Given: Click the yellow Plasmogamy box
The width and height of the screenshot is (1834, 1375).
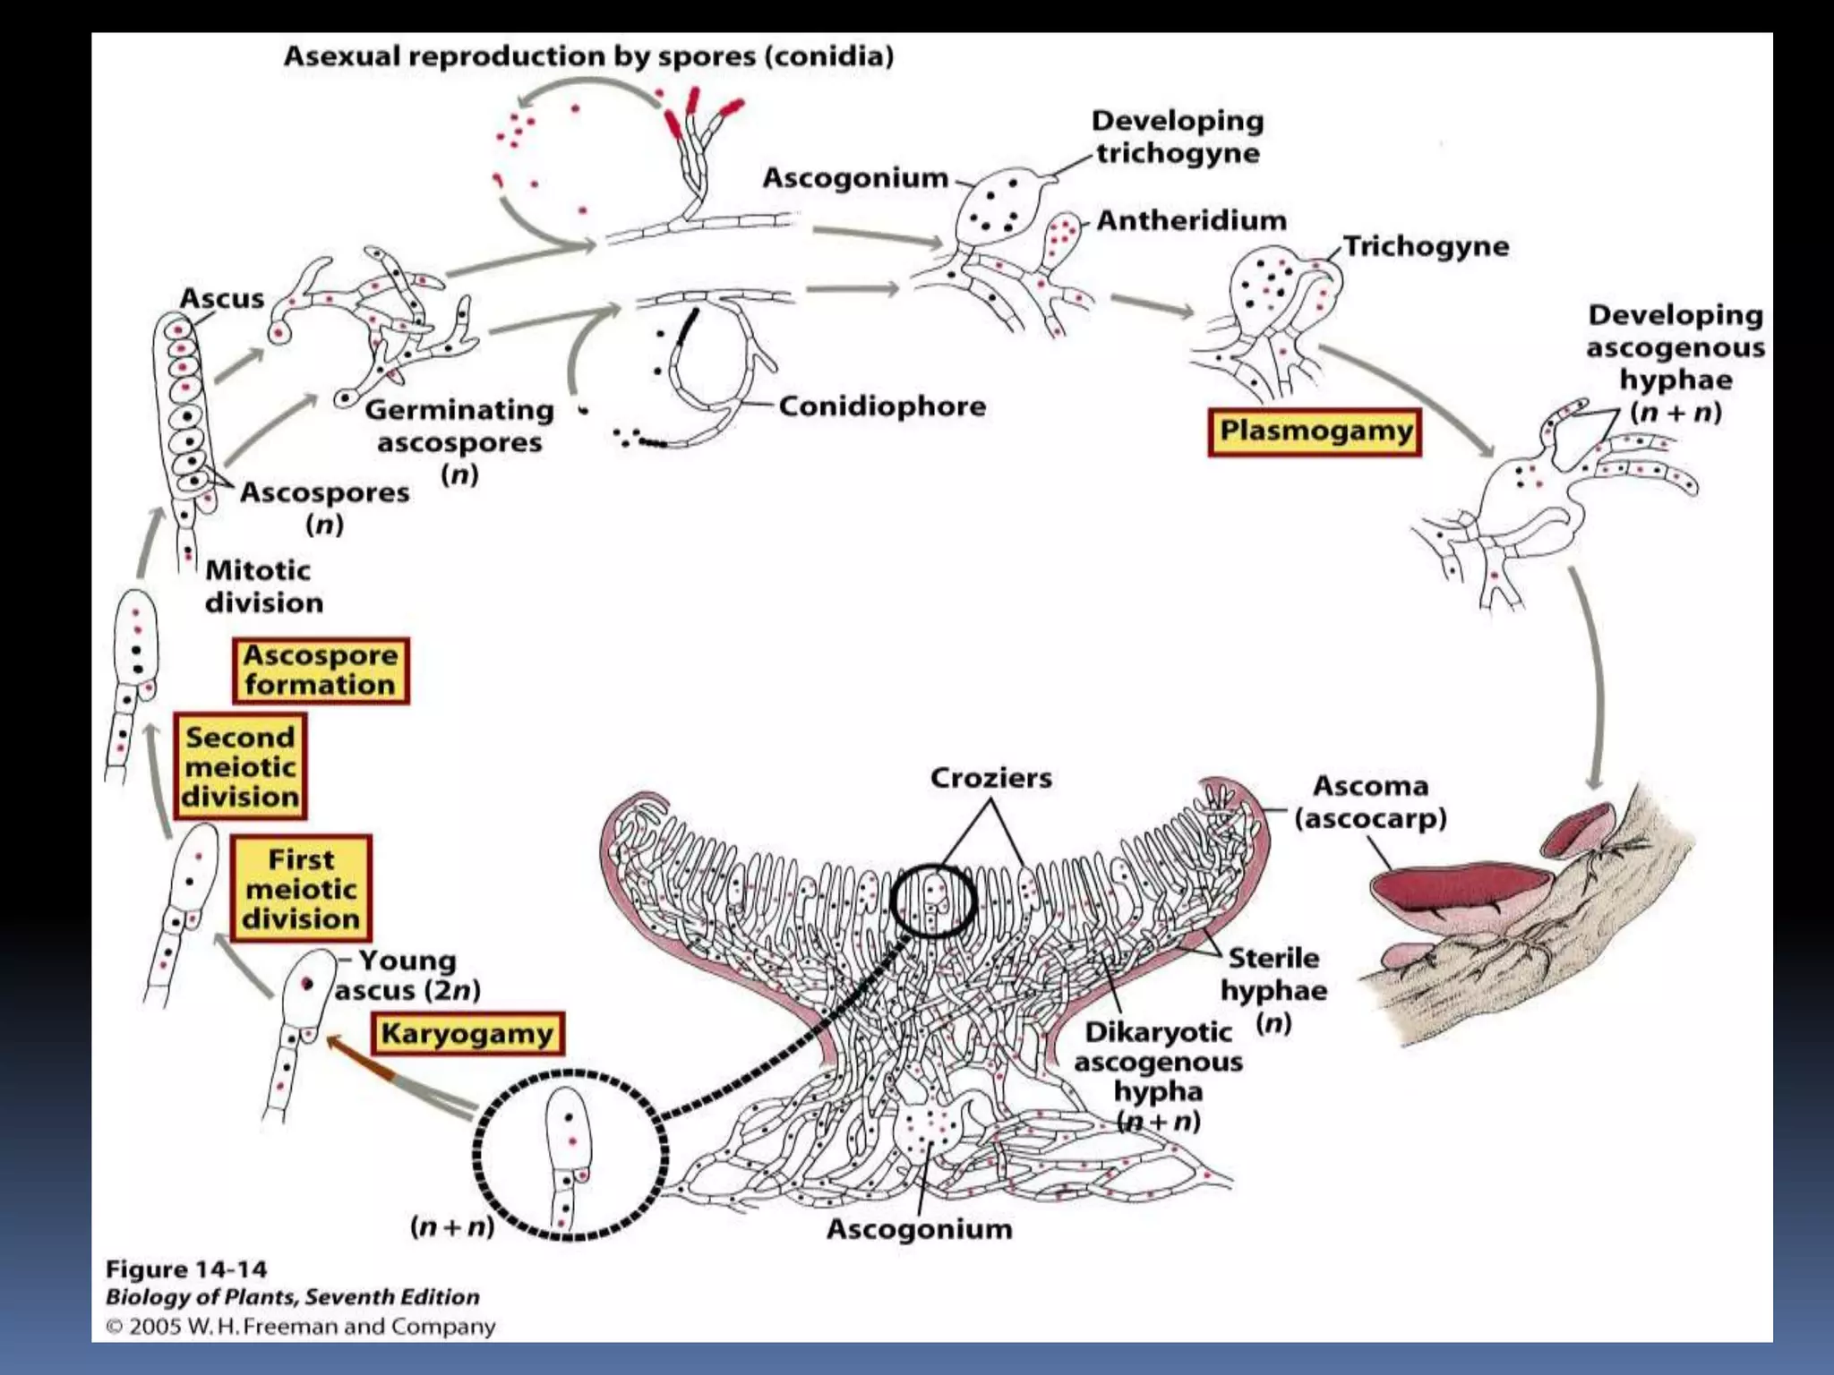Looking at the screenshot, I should [1315, 432].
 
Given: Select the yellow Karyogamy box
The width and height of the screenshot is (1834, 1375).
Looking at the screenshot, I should [467, 1034].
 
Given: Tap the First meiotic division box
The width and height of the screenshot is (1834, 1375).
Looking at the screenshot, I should [301, 889].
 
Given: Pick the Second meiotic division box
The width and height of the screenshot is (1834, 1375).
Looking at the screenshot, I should [240, 766].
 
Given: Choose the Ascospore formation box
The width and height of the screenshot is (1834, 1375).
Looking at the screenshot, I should [320, 670].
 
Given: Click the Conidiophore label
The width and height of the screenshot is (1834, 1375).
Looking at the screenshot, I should [881, 406].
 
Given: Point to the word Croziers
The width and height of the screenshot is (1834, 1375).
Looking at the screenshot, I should [990, 778].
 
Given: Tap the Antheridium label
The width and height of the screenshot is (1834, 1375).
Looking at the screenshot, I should [1191, 220].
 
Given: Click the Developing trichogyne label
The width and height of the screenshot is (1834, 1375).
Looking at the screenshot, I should [1178, 137].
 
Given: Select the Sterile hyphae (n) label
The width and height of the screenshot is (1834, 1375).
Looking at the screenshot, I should [1273, 989].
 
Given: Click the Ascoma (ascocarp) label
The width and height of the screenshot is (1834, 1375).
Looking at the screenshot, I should [1370, 802].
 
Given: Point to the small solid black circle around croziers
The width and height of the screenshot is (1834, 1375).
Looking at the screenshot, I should [933, 901].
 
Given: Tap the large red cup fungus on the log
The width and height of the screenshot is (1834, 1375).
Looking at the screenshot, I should [1460, 887].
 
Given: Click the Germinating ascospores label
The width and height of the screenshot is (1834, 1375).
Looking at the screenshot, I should [458, 440].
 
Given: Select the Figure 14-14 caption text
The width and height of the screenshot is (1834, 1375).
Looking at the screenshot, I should [186, 1269].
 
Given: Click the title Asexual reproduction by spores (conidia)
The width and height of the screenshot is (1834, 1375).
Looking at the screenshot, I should [588, 56].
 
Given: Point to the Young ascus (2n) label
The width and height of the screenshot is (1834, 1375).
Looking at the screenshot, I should [407, 975].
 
